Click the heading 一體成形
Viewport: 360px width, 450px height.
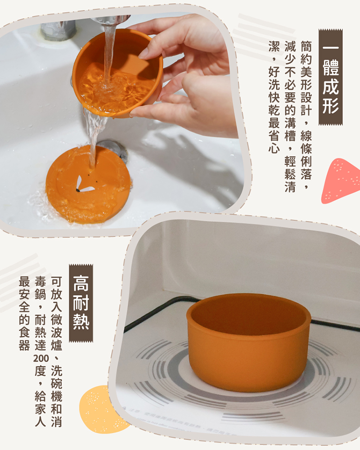click(x=330, y=77)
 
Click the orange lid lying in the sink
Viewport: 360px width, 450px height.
click(x=88, y=184)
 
